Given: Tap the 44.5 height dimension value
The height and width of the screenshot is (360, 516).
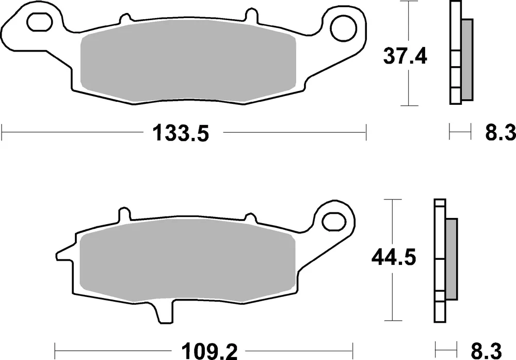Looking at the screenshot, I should click(394, 257).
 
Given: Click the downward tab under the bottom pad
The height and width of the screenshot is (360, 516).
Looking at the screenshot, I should click(165, 313).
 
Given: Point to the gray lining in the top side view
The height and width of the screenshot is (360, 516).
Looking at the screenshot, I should click(466, 59).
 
